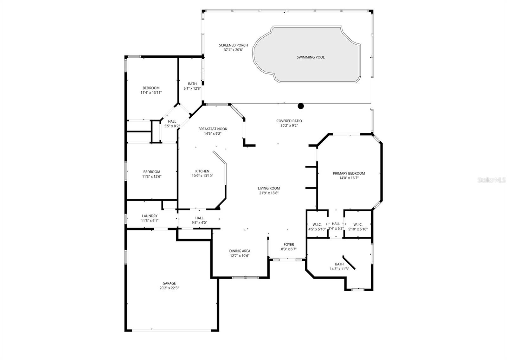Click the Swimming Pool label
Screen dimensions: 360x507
pos(311,57)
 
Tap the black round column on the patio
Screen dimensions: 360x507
pos(301,106)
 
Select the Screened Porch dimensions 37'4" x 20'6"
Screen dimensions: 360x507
pos(233,50)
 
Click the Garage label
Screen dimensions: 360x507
pos(169,283)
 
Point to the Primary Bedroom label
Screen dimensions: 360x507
pos(349,173)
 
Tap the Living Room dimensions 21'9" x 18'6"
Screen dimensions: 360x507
pos(269,193)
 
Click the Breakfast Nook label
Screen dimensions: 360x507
pos(213,129)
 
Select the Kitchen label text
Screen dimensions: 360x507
pos(202,171)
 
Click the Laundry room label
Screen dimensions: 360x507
pos(150,216)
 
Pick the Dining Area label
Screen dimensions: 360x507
pos(240,251)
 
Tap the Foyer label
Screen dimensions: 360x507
pos(289,244)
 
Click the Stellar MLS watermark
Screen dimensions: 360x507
pos(492,180)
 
